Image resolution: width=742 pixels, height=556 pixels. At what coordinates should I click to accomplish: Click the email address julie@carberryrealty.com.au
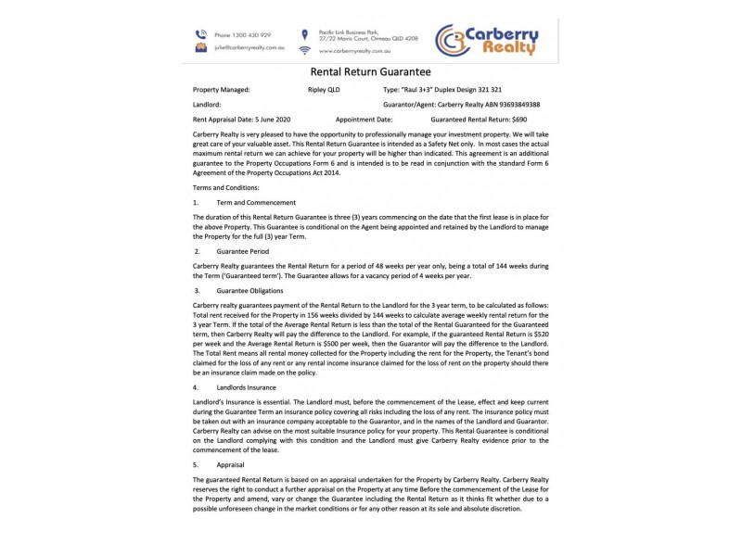[x=249, y=46]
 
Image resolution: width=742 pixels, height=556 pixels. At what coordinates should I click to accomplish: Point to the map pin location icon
[x=304, y=33]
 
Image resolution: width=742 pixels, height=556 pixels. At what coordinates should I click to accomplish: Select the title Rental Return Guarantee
[x=370, y=71]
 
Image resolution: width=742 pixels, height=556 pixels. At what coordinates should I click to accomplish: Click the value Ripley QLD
[x=324, y=91]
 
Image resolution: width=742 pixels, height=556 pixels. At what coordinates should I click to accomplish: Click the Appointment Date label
[x=364, y=120]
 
